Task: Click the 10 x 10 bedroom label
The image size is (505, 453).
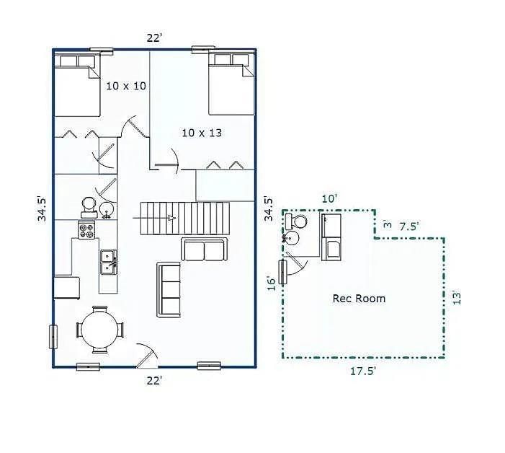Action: (126, 86)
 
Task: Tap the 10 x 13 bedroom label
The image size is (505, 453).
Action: (202, 133)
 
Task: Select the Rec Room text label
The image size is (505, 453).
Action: (359, 299)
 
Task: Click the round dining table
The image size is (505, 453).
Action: (100, 330)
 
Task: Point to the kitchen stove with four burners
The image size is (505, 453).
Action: (86, 229)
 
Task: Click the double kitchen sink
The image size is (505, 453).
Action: (109, 262)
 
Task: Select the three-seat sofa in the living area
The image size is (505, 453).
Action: (169, 290)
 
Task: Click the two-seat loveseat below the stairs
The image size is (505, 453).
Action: (204, 250)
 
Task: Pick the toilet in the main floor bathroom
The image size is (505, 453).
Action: (88, 207)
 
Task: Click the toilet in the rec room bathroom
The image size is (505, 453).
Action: (297, 221)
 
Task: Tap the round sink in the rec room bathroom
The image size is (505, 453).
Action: (291, 238)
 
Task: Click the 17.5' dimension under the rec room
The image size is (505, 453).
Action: (363, 371)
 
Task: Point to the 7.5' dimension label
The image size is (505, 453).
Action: (409, 226)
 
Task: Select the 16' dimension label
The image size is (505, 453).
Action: (272, 283)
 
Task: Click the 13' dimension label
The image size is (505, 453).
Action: (457, 298)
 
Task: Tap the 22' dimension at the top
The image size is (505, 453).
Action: (154, 38)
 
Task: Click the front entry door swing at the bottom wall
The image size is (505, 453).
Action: (147, 356)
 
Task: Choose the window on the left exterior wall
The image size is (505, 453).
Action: (53, 337)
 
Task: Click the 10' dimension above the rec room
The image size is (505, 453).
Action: (329, 198)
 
